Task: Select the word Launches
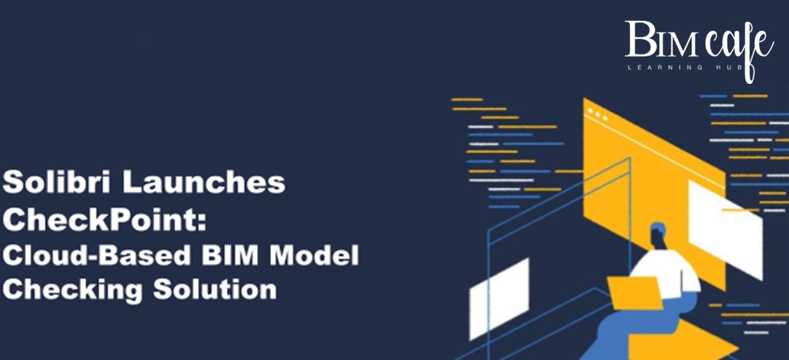tap(204, 181)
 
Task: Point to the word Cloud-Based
tap(97, 255)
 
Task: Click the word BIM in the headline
tap(230, 255)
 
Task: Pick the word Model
tap(314, 255)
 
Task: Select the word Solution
tap(215, 289)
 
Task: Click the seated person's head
tap(658, 234)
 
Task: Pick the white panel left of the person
tap(499, 298)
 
